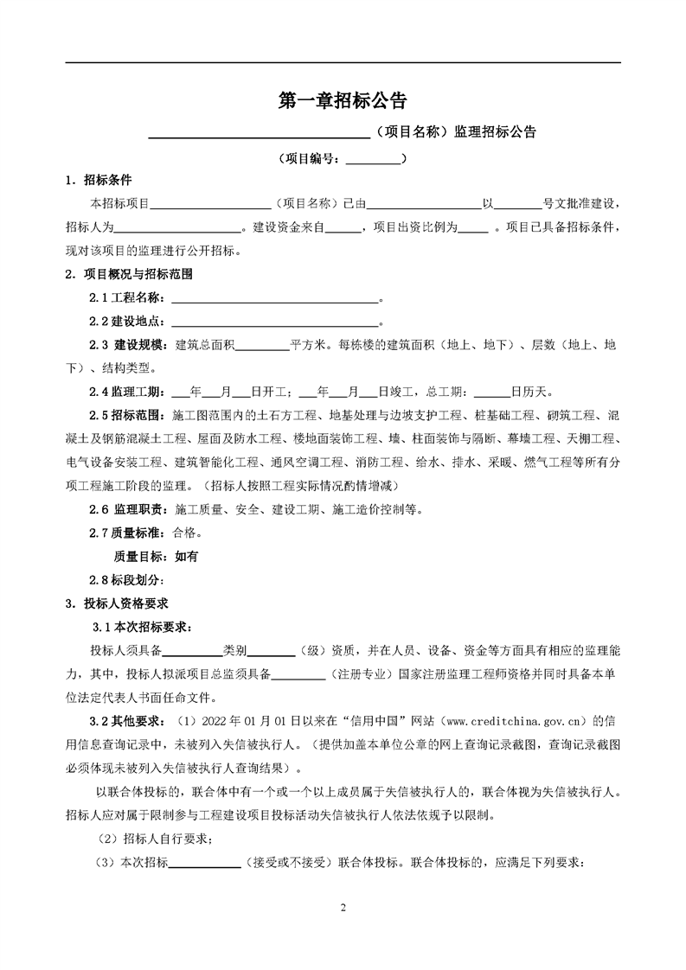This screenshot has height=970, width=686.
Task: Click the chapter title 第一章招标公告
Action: tap(343, 101)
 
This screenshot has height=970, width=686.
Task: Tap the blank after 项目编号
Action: tap(374, 159)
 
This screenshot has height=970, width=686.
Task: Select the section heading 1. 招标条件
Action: tap(99, 181)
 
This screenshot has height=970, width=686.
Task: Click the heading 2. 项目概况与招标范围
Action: tap(128, 275)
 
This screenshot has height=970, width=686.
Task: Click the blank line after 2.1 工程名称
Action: tap(275, 298)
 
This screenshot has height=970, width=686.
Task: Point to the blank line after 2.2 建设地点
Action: tap(275, 322)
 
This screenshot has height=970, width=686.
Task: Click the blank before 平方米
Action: tap(262, 345)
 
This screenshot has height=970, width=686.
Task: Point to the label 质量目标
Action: tap(142, 557)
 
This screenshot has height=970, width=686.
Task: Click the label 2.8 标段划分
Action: tap(130, 580)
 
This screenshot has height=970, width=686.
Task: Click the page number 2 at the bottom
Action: tap(343, 908)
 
